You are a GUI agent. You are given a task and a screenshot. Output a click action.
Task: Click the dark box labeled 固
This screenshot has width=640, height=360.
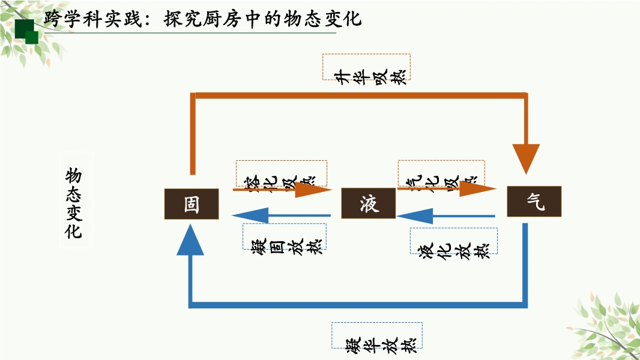click(x=192, y=203)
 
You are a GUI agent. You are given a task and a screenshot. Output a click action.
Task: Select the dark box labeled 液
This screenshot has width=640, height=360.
click(x=369, y=203)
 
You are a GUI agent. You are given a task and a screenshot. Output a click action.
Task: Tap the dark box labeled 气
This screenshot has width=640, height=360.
click(x=534, y=202)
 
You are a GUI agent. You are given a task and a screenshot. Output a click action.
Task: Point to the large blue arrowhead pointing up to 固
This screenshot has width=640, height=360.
click(x=191, y=240)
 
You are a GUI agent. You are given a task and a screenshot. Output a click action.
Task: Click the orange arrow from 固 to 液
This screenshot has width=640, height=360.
click(x=282, y=190)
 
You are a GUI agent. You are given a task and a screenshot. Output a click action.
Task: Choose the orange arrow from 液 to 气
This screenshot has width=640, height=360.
click(x=447, y=190)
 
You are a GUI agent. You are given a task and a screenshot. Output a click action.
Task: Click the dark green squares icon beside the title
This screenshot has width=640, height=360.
click(x=26, y=31)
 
